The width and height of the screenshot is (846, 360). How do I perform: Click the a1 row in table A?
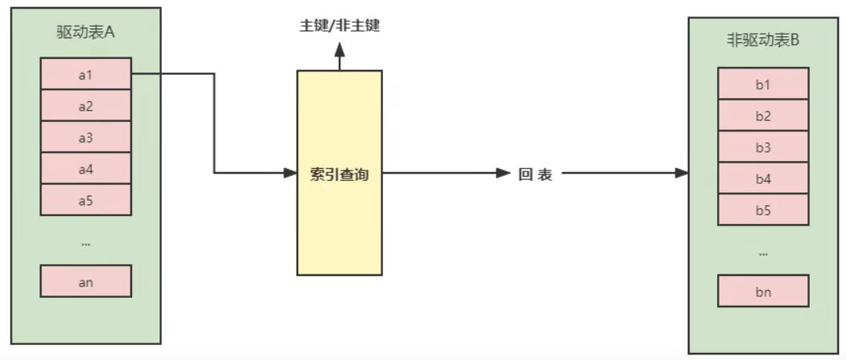86,74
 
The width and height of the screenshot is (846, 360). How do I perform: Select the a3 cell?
86,137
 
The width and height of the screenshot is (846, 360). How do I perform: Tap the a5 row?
86,200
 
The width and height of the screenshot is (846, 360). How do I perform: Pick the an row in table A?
86,281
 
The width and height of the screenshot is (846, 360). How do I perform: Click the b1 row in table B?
763,84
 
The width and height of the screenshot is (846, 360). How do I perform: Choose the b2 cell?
763,116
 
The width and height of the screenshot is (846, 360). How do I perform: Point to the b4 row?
763,178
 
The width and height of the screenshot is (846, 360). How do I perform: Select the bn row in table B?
763,292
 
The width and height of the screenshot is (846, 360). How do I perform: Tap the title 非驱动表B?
763,41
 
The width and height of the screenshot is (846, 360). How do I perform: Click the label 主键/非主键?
340,25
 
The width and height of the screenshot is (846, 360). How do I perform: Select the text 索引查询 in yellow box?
340,174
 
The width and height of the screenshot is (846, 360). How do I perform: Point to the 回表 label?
535,174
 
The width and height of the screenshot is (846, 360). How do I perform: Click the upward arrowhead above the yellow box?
340,50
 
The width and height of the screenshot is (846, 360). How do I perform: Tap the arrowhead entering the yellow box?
290,173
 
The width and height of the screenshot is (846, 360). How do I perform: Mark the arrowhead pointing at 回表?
504,173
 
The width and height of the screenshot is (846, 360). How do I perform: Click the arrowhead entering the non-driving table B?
682,173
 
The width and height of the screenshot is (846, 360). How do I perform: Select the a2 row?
86,105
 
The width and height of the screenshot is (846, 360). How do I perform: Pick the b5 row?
763,210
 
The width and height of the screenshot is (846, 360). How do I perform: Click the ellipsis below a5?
86,244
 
